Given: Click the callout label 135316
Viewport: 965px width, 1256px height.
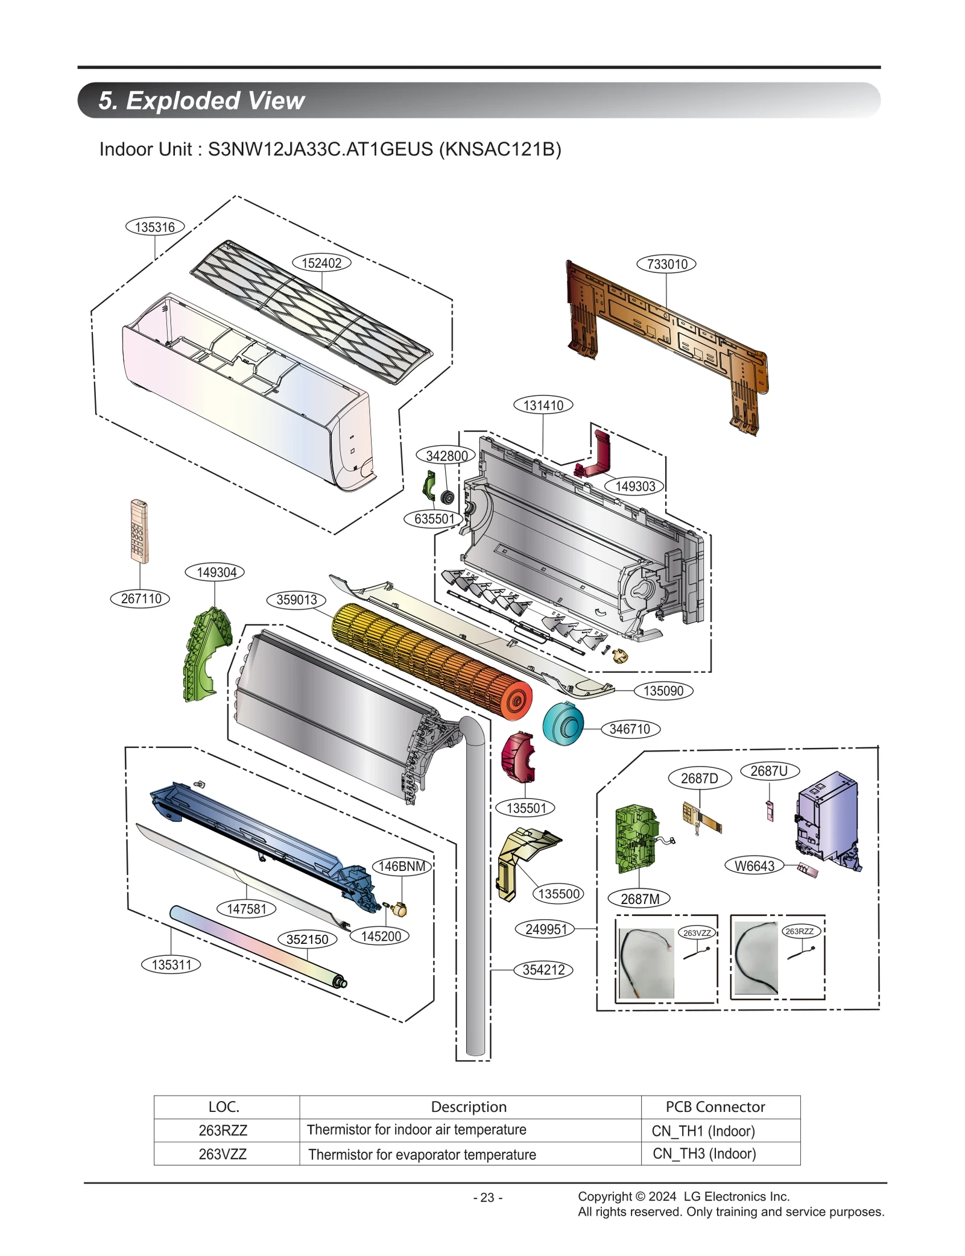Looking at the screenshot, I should click(155, 227).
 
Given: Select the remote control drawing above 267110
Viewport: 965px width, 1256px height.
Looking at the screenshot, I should click(139, 531).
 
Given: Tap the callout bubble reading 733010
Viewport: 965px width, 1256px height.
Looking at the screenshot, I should click(666, 264).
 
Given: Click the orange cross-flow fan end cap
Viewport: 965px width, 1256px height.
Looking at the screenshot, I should click(514, 701).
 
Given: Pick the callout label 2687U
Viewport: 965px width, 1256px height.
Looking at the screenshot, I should click(769, 771).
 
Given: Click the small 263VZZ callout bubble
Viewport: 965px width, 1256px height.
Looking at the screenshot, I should click(697, 933).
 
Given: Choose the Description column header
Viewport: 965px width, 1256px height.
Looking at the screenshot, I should click(469, 1107).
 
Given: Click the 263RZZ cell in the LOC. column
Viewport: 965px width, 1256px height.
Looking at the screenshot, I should click(223, 1130).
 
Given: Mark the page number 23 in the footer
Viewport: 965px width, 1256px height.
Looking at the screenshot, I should click(487, 1198).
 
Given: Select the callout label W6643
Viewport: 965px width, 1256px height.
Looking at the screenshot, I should click(754, 866).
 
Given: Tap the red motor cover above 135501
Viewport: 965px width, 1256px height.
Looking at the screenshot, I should click(517, 756).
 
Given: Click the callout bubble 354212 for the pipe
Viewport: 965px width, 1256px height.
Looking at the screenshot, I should click(543, 970).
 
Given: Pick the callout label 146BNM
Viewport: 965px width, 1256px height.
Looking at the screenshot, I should click(402, 867).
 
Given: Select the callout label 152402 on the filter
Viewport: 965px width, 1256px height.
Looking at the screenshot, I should click(321, 263).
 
